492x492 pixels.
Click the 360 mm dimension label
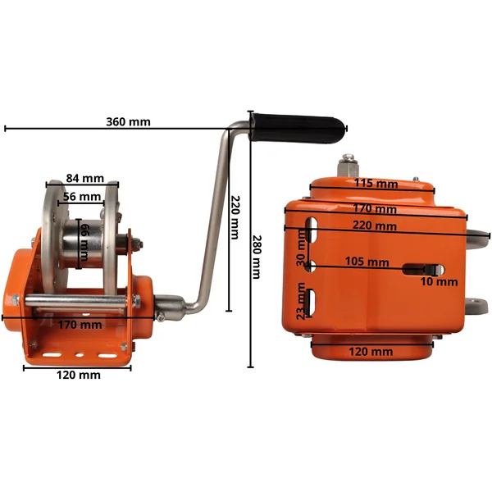click(x=128, y=121)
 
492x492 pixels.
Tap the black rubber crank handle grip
click(x=298, y=128)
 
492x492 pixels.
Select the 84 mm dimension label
click(x=84, y=178)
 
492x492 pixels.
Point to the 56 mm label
click(x=82, y=197)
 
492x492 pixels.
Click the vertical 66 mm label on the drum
click(x=84, y=242)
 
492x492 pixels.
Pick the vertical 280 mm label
click(x=257, y=257)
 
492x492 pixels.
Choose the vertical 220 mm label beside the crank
click(x=235, y=217)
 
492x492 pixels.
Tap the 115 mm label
click(x=376, y=183)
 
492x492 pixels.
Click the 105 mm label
click(x=367, y=262)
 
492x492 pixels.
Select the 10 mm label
click(x=439, y=282)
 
